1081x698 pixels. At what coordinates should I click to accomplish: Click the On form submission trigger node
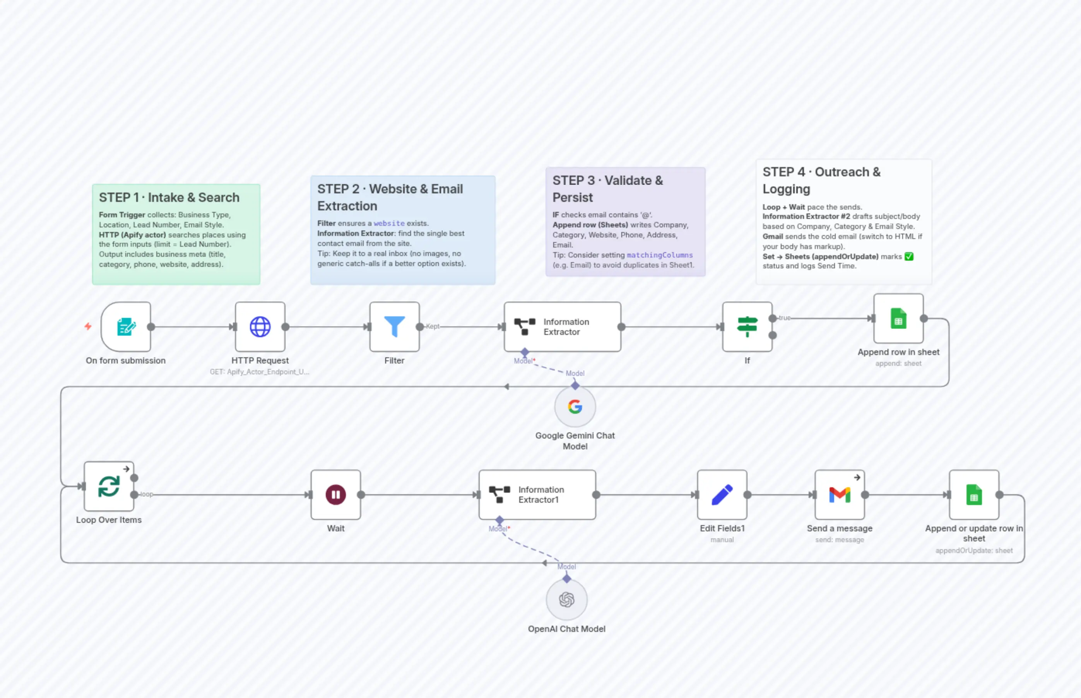pos(126,327)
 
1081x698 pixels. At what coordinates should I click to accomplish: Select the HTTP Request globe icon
pos(260,327)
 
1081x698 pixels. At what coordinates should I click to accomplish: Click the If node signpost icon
pos(747,327)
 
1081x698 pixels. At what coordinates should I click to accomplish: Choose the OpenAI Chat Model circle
pos(567,600)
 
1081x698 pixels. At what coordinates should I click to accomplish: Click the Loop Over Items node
pos(109,486)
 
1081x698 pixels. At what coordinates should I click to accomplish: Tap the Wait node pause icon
pos(336,495)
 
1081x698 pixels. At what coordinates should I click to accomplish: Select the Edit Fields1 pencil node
pos(722,495)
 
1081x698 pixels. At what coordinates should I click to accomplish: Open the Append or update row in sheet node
pos(974,495)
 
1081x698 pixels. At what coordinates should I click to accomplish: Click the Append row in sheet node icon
pos(898,318)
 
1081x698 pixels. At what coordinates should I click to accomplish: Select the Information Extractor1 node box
pos(537,495)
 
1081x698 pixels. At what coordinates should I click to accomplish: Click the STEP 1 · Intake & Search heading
pos(169,198)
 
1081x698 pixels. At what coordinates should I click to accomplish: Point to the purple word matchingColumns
pos(660,255)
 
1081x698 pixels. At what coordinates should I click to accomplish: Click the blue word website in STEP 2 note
pos(389,224)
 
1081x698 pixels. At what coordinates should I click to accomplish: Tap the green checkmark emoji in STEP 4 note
pos(909,256)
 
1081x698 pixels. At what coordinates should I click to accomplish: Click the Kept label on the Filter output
pos(433,326)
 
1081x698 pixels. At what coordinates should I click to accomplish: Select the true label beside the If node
pos(785,318)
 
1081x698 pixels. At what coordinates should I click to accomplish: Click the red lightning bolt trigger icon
pos(88,326)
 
